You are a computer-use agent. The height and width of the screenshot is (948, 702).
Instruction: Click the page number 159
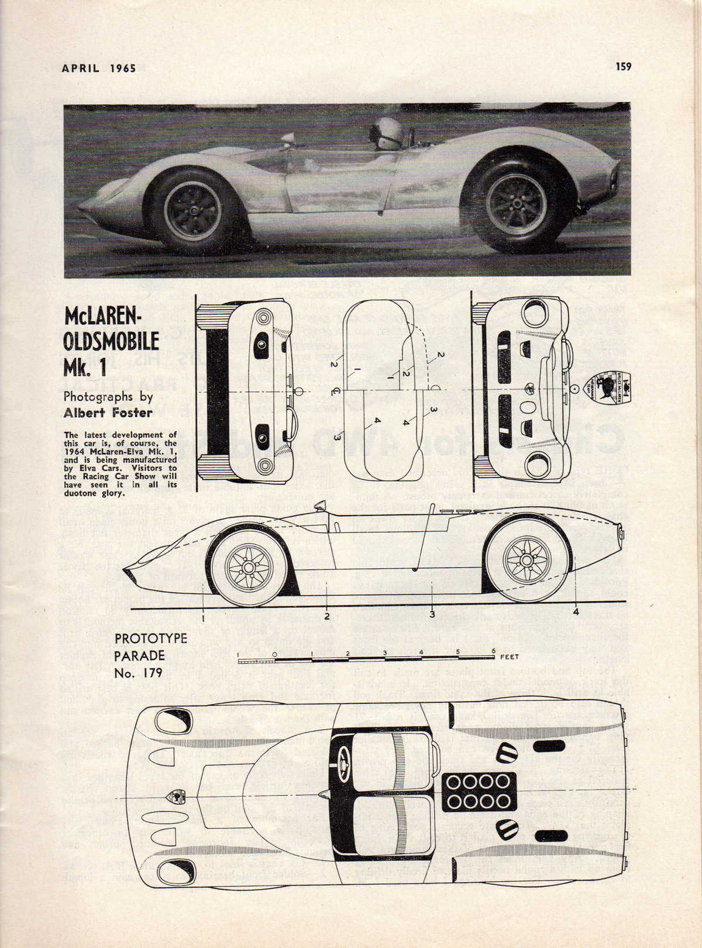[623, 67]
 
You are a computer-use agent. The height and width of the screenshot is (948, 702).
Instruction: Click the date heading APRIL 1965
[99, 68]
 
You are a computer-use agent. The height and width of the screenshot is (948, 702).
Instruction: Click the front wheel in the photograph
[192, 211]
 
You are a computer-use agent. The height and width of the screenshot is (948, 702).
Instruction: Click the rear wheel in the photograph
[515, 202]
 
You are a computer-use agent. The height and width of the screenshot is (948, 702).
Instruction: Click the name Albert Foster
[108, 413]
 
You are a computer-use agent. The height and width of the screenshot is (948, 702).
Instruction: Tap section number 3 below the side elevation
[432, 614]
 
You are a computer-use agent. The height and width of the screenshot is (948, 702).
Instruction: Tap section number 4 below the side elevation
[576, 613]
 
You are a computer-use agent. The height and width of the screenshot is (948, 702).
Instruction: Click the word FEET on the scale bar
[510, 657]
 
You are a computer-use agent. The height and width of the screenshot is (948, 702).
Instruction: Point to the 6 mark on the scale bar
[494, 651]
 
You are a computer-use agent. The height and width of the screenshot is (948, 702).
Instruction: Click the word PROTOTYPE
[151, 638]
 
